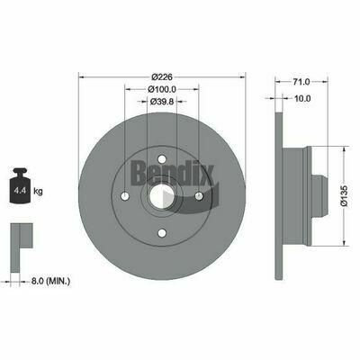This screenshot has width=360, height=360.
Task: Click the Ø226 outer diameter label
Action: pos(162,77)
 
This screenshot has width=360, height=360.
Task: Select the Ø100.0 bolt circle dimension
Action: pos(162,89)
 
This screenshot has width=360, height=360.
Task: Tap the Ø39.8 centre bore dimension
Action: pos(162,102)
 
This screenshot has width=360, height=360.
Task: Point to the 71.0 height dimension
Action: pos(301,81)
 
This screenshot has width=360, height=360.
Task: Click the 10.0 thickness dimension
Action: pos(302,98)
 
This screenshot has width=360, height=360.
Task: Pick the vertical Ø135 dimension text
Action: pos(345,195)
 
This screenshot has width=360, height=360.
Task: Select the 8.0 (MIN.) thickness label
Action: pos(50,282)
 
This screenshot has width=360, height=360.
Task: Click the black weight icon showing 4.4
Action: pos(20,185)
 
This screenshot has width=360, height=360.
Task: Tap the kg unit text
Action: pos(38,191)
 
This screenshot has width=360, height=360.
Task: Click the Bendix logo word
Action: pos(172,173)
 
